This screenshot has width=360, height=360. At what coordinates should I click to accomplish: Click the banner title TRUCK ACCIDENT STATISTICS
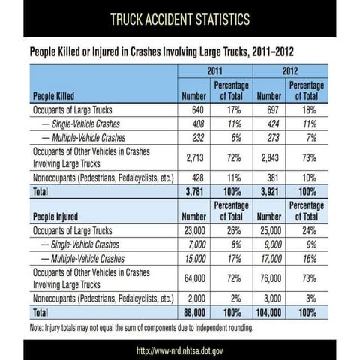click(x=179, y=18)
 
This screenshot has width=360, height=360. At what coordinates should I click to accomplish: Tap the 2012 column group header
click(x=289, y=71)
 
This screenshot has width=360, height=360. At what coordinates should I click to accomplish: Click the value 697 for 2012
click(x=268, y=109)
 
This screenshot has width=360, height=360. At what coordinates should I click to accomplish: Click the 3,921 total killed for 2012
click(x=268, y=190)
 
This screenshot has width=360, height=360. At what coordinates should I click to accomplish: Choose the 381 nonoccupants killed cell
click(x=268, y=178)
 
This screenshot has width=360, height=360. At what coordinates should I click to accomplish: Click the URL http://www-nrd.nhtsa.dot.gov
click(x=179, y=349)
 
